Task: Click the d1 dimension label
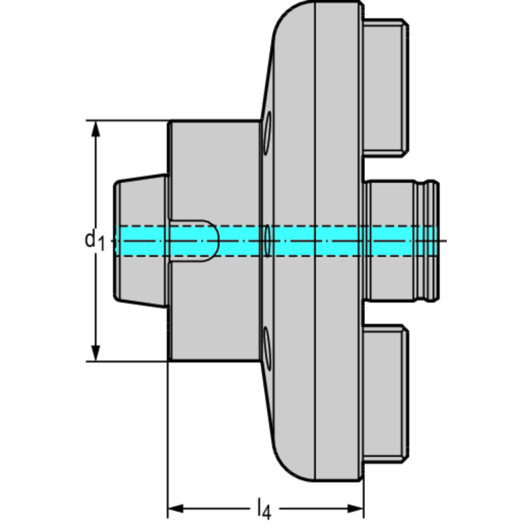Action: click(x=94, y=240)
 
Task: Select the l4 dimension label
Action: click(x=263, y=509)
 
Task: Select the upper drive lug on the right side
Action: click(x=386, y=85)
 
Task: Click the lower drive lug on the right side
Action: click(x=386, y=396)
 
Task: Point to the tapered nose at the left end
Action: click(x=138, y=200)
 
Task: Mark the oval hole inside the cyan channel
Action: click(x=267, y=240)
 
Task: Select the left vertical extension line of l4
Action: click(x=169, y=441)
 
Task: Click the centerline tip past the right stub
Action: click(x=444, y=240)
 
